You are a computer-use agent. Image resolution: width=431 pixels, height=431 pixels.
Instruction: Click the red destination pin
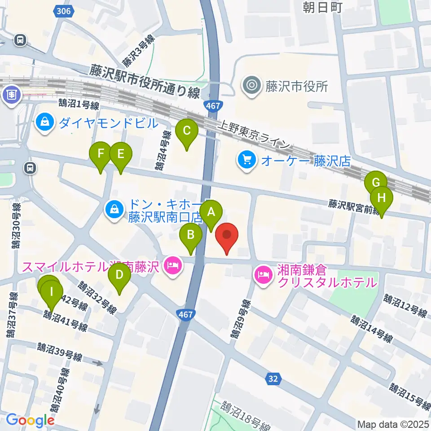227,236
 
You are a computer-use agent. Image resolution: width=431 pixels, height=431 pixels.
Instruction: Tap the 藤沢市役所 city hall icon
251,85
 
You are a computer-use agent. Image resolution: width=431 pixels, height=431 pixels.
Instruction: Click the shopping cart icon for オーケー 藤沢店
246,160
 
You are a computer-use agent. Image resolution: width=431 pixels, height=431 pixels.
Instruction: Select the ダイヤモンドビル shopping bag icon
45,123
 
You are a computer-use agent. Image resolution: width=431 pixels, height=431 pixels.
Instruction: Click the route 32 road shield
273,378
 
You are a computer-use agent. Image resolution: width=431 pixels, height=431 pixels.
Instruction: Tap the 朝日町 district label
323,8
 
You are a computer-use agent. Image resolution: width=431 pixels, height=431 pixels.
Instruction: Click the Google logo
30,421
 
